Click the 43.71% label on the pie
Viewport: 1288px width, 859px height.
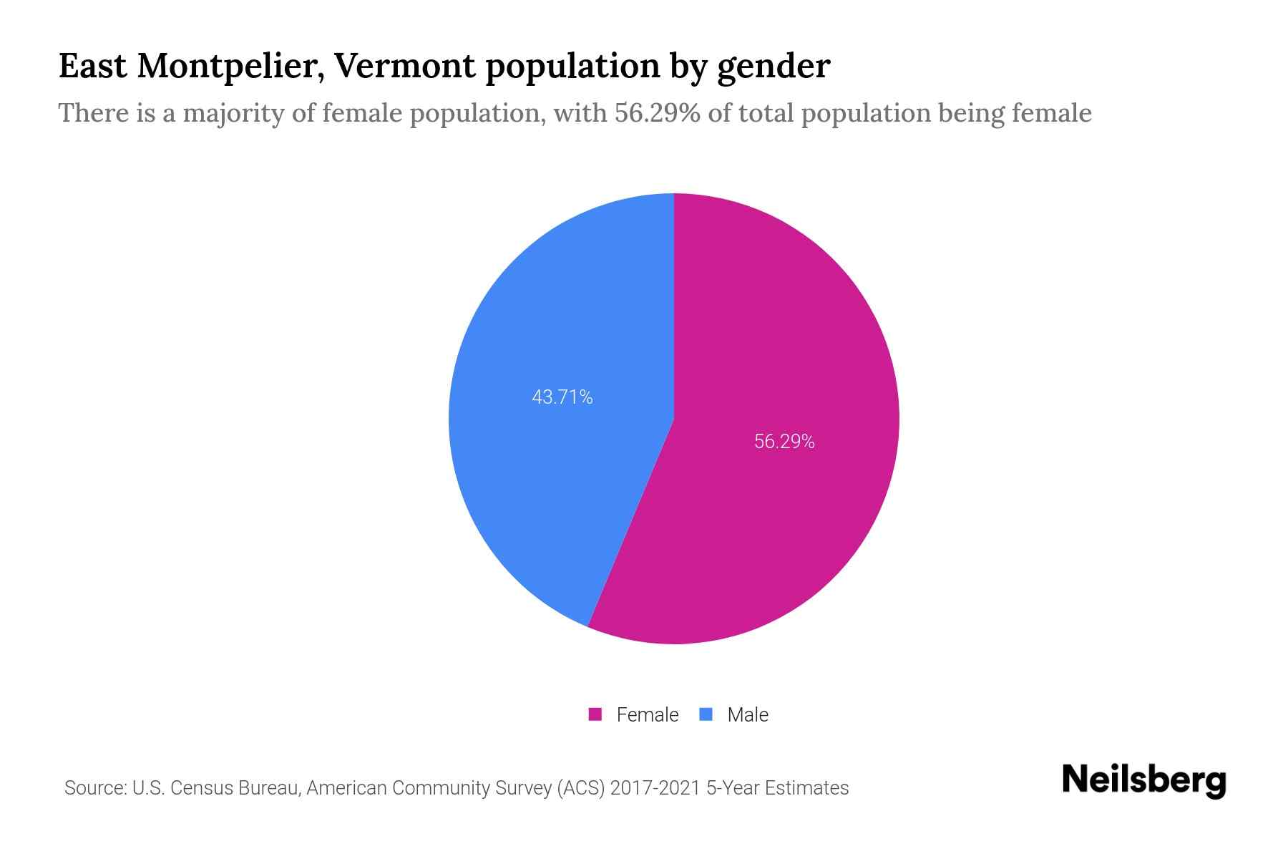(562, 397)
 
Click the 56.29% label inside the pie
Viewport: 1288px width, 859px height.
(784, 442)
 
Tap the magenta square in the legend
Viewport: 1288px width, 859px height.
(595, 714)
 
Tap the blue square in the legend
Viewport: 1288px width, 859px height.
(706, 714)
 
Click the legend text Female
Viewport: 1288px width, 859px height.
(647, 714)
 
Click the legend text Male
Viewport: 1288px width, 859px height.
(748, 714)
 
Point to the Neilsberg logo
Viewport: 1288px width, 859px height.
(1144, 781)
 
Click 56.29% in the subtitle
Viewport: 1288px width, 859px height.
(658, 113)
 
